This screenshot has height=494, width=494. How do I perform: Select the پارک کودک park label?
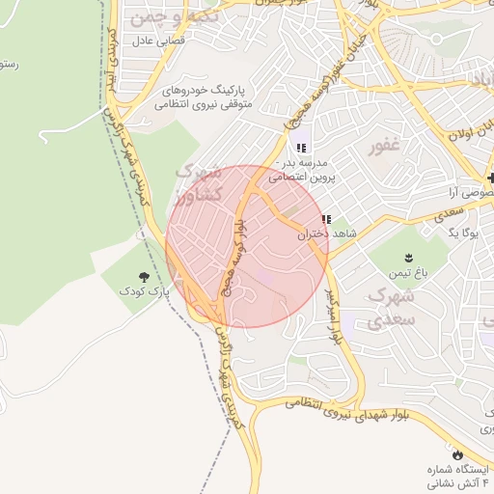(144, 289)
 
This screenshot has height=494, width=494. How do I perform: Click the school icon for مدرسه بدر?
(301, 149)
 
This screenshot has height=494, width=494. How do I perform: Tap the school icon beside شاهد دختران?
(326, 219)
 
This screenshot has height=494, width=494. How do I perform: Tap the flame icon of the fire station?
(455, 453)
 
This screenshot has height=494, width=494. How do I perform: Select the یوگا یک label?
(467, 233)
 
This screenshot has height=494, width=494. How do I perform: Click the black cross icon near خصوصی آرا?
(490, 178)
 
